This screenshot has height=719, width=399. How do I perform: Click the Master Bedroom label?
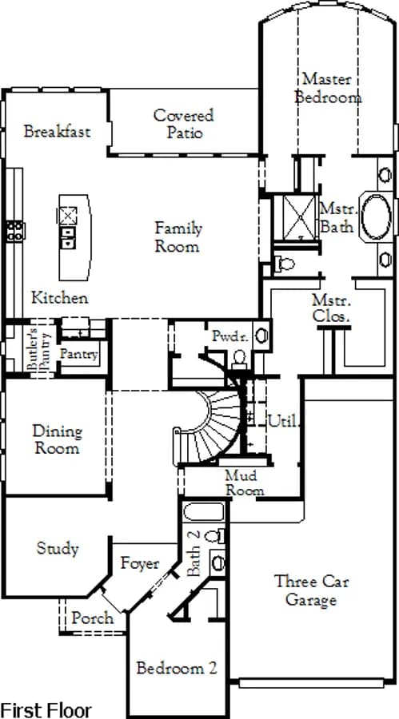click(x=328, y=88)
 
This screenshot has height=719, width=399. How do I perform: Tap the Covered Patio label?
click(x=184, y=123)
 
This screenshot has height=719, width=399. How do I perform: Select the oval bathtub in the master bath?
click(x=376, y=216)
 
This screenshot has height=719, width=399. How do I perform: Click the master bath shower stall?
click(x=299, y=218)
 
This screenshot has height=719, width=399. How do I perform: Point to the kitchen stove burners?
click(x=15, y=231)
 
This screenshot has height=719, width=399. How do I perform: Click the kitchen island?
click(x=74, y=237)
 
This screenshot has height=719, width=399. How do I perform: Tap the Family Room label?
click(x=178, y=236)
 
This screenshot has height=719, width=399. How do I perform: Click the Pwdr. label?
click(x=230, y=337)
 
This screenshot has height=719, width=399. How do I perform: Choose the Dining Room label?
click(x=58, y=439)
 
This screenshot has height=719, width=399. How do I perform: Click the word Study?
click(x=58, y=548)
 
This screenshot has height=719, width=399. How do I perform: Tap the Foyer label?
click(x=140, y=564)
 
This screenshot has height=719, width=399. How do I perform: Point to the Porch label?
click(x=92, y=618)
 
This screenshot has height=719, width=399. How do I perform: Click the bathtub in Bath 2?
click(x=204, y=512)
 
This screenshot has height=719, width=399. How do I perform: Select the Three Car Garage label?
click(x=311, y=590)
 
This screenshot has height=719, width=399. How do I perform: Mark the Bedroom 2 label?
click(x=177, y=668)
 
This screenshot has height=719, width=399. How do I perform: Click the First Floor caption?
click(x=46, y=710)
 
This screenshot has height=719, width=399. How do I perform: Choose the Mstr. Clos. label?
click(x=332, y=308)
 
